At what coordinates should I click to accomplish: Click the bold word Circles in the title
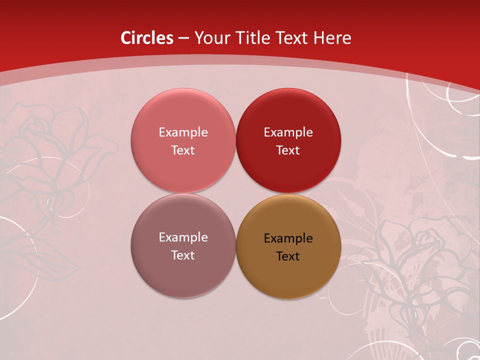click(x=147, y=38)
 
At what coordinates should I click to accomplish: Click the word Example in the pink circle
click(x=183, y=132)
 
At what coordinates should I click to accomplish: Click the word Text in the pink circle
click(x=183, y=150)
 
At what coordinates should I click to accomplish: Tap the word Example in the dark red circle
click(x=288, y=132)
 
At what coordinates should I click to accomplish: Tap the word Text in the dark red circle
click(x=288, y=150)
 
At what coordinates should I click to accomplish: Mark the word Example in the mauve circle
click(x=183, y=237)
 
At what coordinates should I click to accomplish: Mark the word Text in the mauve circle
click(x=183, y=255)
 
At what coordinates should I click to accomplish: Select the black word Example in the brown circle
click(x=288, y=238)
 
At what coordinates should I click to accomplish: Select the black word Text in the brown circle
click(x=288, y=256)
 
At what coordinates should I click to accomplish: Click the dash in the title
click(x=183, y=38)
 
